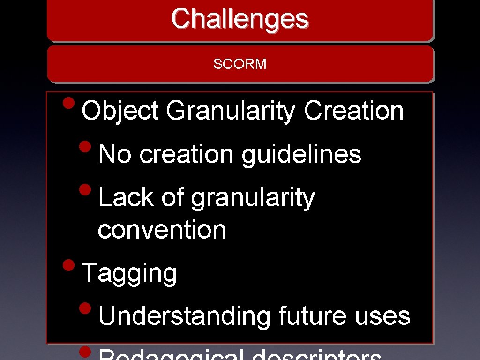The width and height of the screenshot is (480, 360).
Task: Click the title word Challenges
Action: click(x=240, y=19)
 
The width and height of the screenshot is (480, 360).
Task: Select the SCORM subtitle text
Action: click(x=240, y=64)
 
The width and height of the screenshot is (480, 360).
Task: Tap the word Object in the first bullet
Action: click(x=120, y=112)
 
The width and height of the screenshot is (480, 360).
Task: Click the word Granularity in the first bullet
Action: click(x=230, y=112)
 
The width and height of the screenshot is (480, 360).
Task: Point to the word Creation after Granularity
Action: click(x=353, y=112)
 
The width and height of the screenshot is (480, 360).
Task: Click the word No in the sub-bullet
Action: click(x=115, y=154)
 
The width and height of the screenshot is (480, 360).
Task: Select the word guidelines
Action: click(x=301, y=154)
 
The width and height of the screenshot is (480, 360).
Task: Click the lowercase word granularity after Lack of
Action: click(x=253, y=198)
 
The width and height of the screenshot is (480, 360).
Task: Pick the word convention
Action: click(x=162, y=230)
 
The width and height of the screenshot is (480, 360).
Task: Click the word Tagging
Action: click(x=129, y=273)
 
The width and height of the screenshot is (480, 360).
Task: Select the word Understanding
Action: click(x=185, y=316)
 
